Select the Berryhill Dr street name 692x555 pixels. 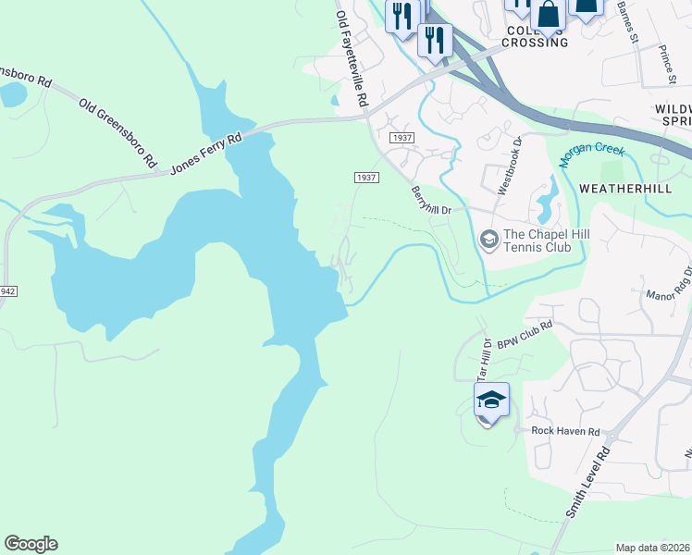pos(431,198)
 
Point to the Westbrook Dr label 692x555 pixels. pos(511,165)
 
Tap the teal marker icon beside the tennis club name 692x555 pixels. pos(488,240)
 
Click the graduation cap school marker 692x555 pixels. pos(491,401)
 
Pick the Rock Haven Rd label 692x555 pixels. pos(565,431)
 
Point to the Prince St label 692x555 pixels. pos(664,61)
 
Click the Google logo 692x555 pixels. pos(31,544)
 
